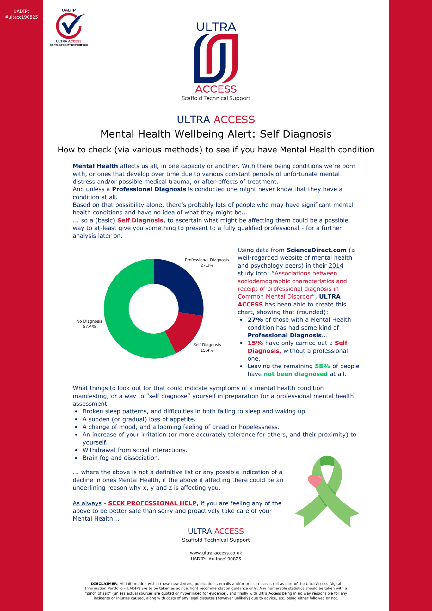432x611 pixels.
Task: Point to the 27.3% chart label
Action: tap(207, 265)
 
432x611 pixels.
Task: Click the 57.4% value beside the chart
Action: tap(89, 326)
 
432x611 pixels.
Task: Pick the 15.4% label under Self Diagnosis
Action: tap(207, 350)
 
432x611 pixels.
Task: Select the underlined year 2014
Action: tap(336, 266)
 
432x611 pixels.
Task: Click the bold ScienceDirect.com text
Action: tap(316, 250)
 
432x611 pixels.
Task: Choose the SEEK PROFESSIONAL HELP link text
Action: tap(152, 503)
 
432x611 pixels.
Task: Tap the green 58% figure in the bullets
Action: tap(322, 366)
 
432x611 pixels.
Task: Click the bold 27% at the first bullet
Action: tap(255, 320)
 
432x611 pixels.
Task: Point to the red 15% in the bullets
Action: tap(255, 343)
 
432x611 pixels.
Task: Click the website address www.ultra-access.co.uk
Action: tap(216, 553)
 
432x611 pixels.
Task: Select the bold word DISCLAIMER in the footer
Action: tap(104, 584)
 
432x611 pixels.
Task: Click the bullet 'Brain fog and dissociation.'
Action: tap(121, 458)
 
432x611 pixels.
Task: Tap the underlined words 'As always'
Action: tap(87, 503)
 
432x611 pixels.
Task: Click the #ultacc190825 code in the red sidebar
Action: tap(22, 17)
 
